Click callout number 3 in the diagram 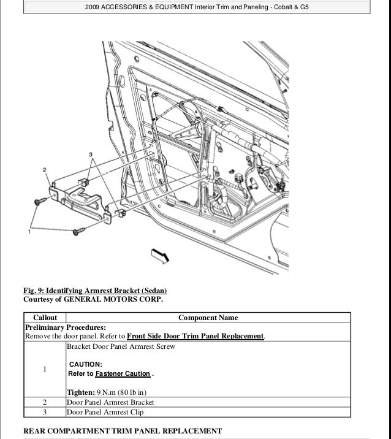pyautogui.click(x=90, y=153)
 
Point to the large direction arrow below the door pyautogui.click(x=158, y=257)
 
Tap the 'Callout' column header pyautogui.click(x=45, y=318)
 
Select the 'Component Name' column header pyautogui.click(x=208, y=318)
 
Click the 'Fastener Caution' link pyautogui.click(x=123, y=373)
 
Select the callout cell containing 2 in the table pyautogui.click(x=45, y=402)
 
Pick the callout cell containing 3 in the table pyautogui.click(x=45, y=413)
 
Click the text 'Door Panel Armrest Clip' pyautogui.click(x=105, y=413)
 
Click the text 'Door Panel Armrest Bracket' pyautogui.click(x=110, y=402)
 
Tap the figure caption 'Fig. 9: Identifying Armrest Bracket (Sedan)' pyautogui.click(x=95, y=290)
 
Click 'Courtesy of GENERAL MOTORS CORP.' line pyautogui.click(x=93, y=299)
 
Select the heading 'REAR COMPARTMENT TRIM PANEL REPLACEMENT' pyautogui.click(x=123, y=431)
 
